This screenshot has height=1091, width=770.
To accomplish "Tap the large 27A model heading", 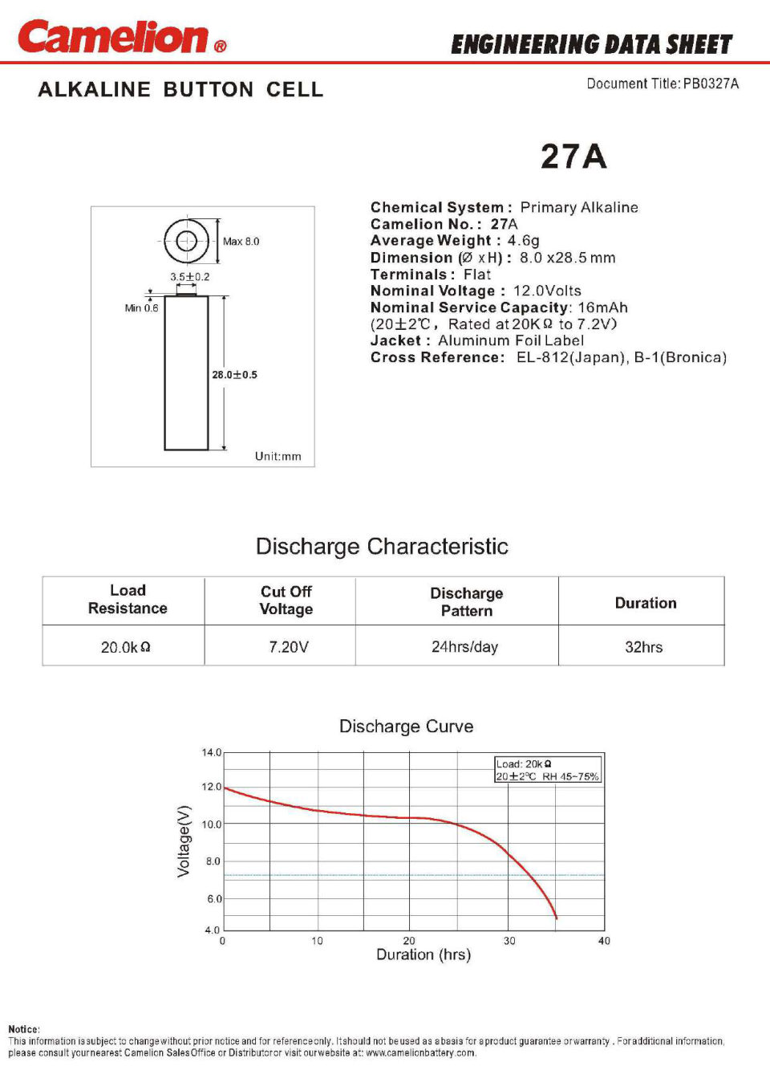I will pos(573,157).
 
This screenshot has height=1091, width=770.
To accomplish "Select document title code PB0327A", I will pos(711,83).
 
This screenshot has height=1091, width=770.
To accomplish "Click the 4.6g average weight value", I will pos(523,241).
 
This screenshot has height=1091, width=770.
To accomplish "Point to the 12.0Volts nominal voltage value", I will pos(547,291).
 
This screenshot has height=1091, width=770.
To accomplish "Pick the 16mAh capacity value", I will pos(602,307).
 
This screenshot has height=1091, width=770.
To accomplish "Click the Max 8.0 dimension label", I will pos(241,242).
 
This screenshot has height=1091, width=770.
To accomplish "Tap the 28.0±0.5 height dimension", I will pos(234,375).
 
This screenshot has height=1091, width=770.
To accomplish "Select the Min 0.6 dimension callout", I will pos(141,308).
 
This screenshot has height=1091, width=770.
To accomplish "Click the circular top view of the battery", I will pos(186,241).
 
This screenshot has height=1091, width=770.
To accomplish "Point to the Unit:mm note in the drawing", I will pos(278,456).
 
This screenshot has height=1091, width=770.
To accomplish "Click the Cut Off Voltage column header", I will pos(286,600).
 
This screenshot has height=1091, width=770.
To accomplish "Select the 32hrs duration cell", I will pos(643,647).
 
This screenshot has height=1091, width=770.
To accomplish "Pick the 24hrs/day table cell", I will pos(464,647).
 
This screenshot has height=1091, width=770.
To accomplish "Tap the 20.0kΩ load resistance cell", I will pos(125,647).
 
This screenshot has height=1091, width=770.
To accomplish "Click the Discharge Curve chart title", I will pos(406,727).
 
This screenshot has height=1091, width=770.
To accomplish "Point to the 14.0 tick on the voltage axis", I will pos(212,753).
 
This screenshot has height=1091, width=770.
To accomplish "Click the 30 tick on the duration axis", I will pos(509,941).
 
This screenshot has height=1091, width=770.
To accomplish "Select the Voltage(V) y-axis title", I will pos(184,841).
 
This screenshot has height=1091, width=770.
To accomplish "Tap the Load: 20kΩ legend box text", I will pos(524,764).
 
